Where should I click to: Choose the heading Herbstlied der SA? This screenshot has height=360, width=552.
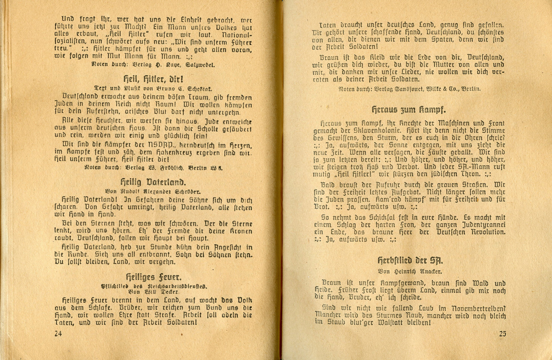click(410, 261)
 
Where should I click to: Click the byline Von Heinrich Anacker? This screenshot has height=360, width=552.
click(410, 271)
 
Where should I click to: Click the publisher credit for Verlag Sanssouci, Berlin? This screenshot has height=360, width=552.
click(409, 89)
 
